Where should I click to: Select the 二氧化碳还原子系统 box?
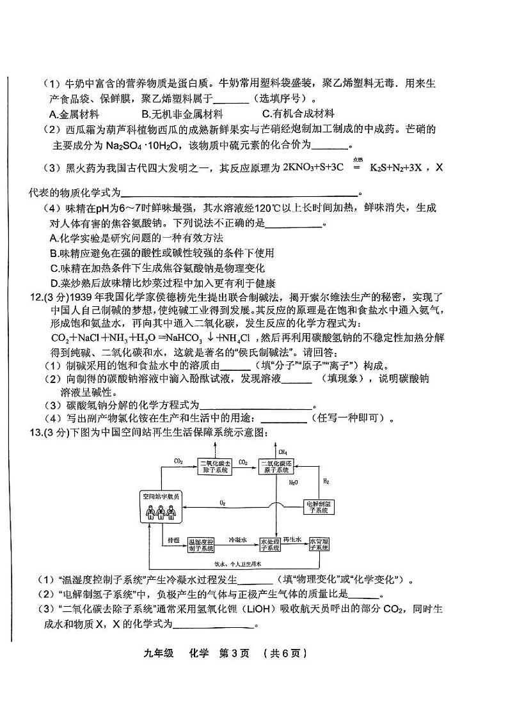pyautogui.click(x=277, y=467)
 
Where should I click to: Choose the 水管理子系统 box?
pyautogui.click(x=319, y=545)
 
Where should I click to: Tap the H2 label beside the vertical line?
pyautogui.click(x=326, y=481)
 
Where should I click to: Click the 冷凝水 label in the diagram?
pyautogui.click(x=237, y=540)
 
